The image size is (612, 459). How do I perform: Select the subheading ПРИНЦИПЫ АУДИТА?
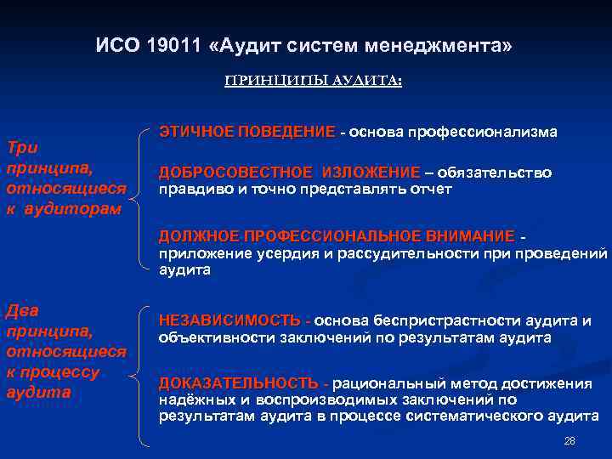[x=314, y=81]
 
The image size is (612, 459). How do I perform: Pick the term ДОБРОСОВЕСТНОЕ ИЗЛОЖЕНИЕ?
[x=289, y=173]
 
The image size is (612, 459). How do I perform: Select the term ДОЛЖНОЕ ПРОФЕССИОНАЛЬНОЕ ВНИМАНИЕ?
[x=337, y=235]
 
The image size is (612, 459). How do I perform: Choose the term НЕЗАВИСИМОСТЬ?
[x=229, y=320]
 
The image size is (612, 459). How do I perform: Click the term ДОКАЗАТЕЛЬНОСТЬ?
[x=238, y=382]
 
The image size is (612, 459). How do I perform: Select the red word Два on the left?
[x=22, y=311]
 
